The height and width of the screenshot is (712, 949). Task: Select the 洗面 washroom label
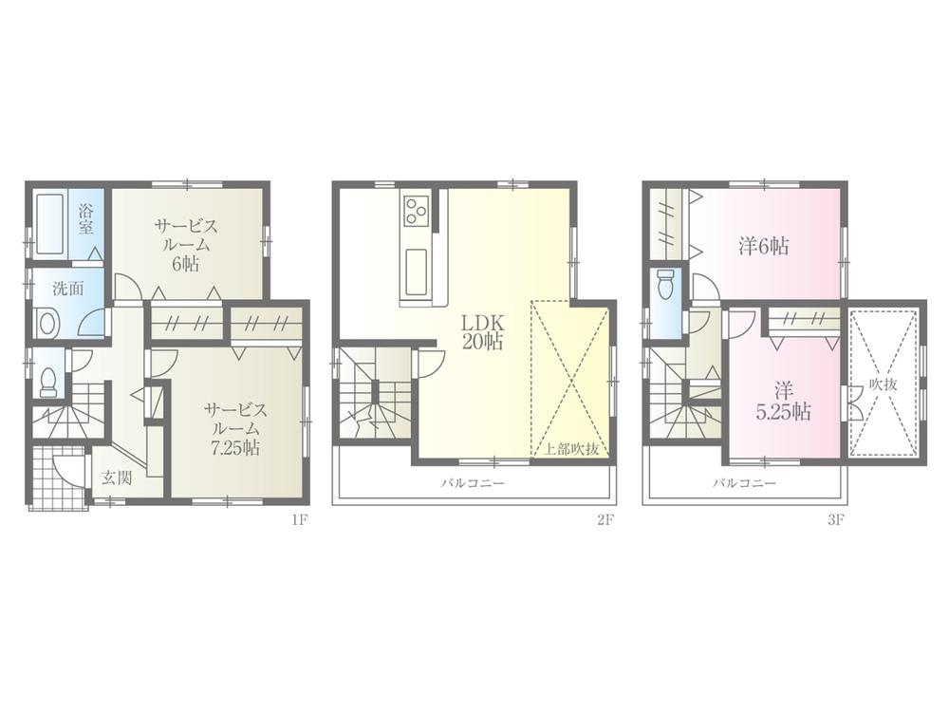65,288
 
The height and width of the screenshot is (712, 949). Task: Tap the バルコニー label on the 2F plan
472,482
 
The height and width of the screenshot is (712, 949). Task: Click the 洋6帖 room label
764,246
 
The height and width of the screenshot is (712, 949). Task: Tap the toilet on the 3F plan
666,283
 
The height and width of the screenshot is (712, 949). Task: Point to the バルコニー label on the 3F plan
745,482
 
